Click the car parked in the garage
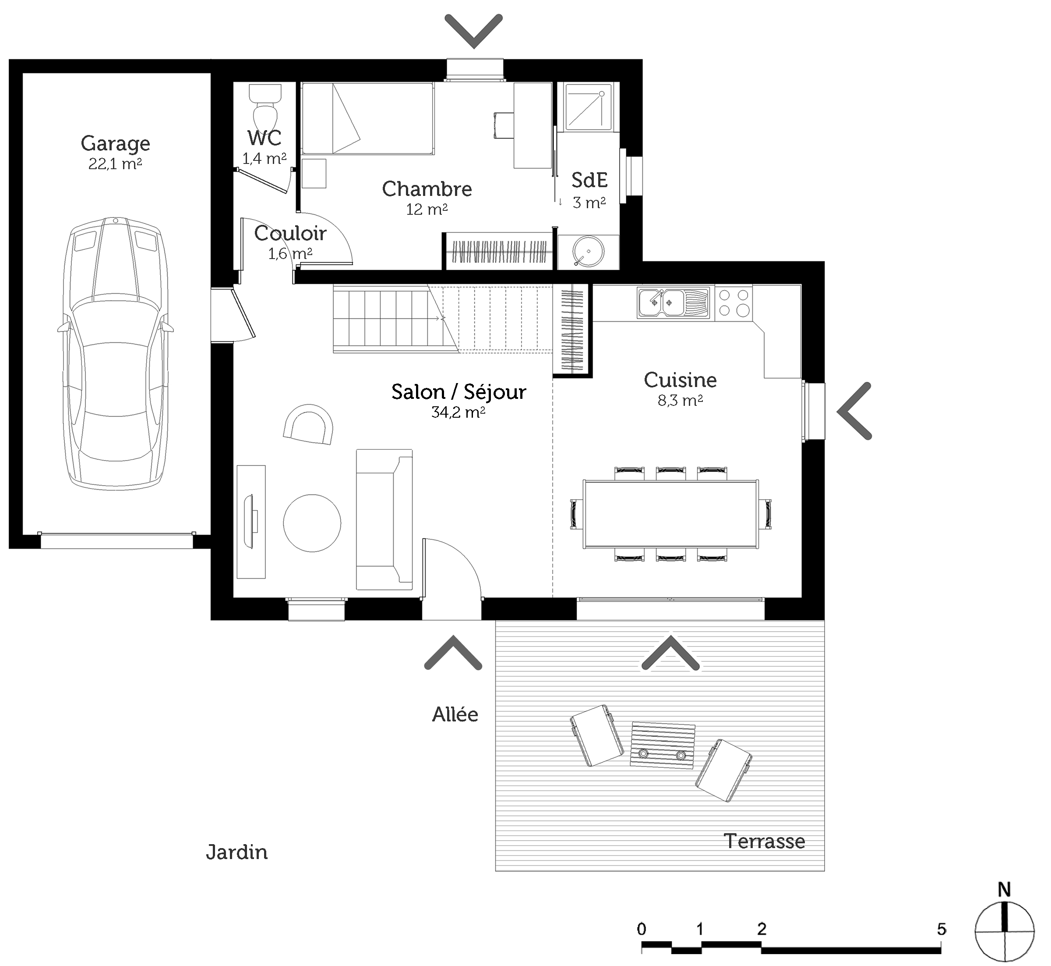point(116,354)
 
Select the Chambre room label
point(427,189)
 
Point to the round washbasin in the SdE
point(588,252)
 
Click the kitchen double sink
point(673,303)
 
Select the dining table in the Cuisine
point(671,514)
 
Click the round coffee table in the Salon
point(312,523)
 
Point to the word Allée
point(455,714)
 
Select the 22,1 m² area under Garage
point(116,163)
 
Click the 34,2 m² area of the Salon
point(458,412)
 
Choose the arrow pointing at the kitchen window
point(854,411)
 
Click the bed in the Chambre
point(368,119)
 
